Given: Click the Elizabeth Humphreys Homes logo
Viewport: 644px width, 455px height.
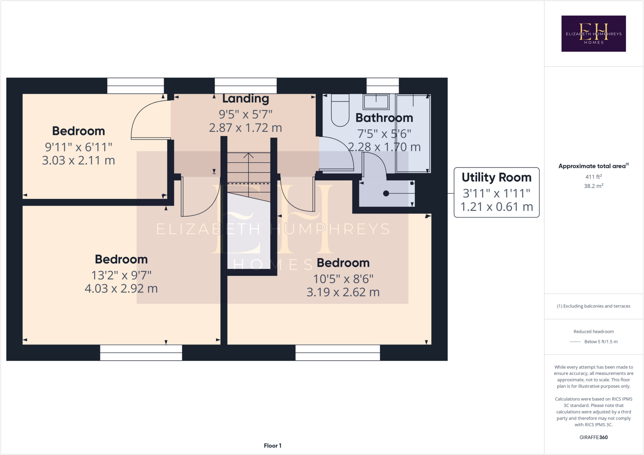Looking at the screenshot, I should click(593, 34).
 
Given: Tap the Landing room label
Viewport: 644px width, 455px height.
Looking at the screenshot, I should click(246, 99).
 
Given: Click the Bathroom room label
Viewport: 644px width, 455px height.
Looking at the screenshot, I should click(384, 118).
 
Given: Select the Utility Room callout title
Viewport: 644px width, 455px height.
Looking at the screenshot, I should click(496, 177).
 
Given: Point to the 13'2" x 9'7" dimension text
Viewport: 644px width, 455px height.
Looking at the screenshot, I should click(121, 275).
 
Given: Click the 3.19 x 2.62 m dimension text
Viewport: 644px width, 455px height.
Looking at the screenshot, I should click(343, 292).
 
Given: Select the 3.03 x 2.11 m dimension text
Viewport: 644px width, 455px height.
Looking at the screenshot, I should click(78, 160).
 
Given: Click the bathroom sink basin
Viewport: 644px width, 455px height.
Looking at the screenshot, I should click(376, 102).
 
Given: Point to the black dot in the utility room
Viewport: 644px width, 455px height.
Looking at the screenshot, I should click(386, 193).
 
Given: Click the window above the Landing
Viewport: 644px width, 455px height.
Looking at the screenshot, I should click(246, 86).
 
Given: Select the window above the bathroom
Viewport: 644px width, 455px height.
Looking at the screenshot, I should click(382, 86).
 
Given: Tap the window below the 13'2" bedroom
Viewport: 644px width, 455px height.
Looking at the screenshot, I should click(141, 353).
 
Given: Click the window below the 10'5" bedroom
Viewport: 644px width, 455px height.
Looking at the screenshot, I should click(338, 353).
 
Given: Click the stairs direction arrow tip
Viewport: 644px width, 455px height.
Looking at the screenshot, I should click(248, 154).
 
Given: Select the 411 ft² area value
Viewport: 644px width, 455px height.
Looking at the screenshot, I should click(593, 177).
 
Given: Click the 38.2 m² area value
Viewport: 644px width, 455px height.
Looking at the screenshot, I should click(593, 186).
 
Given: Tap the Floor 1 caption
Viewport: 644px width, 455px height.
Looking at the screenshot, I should click(272, 446).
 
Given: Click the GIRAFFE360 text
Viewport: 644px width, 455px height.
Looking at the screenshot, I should click(593, 437).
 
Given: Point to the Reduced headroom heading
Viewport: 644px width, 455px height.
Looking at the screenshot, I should click(593, 332).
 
